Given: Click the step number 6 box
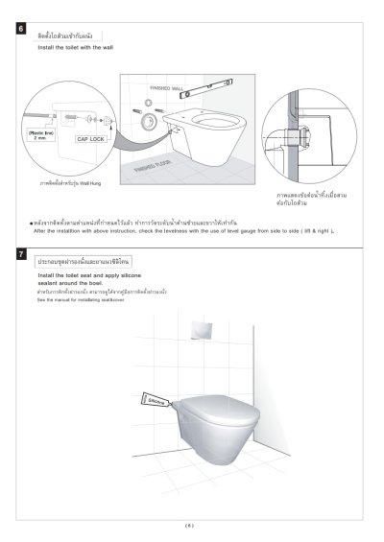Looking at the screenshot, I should coord(23,31).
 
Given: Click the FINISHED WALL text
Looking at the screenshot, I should coord(164,88).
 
